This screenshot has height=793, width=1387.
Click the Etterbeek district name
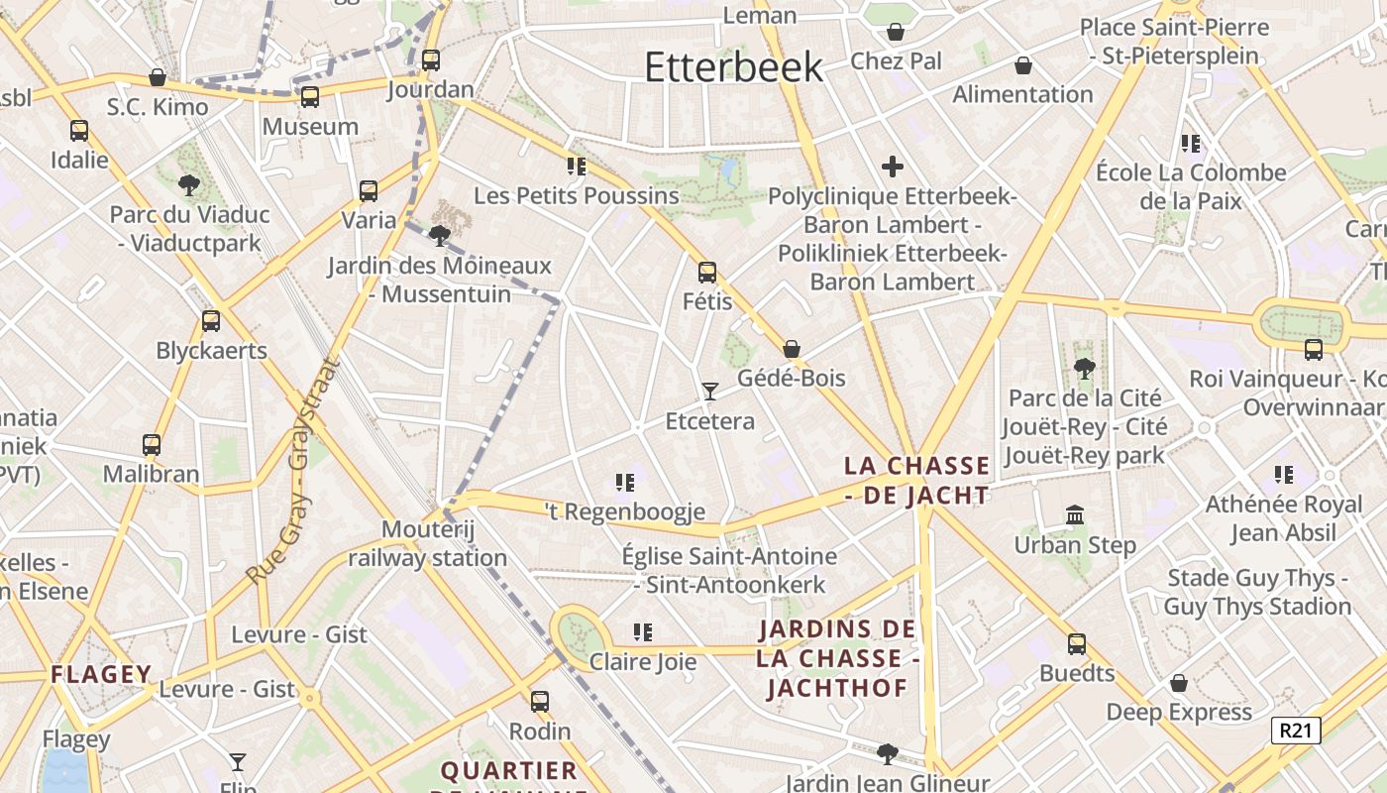(x=733, y=66)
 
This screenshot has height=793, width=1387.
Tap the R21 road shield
(x=1296, y=732)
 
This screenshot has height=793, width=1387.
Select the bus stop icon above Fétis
(x=707, y=272)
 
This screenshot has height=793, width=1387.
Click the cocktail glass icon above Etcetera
(x=709, y=392)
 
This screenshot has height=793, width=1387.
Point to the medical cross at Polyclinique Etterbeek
(x=893, y=167)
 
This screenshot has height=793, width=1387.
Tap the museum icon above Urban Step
(x=1075, y=514)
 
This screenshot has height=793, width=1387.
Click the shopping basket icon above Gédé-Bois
(x=792, y=349)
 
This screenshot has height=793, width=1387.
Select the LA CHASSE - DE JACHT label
(x=916, y=480)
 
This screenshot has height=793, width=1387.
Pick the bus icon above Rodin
(x=540, y=701)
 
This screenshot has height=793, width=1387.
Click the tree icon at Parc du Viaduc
(x=188, y=184)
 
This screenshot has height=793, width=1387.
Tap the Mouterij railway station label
(x=427, y=543)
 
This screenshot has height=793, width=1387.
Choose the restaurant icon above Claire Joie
(x=643, y=631)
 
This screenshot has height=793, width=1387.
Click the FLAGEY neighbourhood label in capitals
(x=101, y=675)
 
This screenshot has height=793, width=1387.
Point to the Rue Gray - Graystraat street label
(x=294, y=471)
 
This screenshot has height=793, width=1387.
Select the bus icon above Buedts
(x=1077, y=644)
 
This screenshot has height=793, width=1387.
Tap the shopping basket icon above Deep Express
(x=1179, y=683)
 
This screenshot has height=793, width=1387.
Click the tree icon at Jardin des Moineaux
(x=439, y=235)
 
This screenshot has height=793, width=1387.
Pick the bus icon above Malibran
(x=152, y=445)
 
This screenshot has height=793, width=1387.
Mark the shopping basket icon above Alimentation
(x=1023, y=65)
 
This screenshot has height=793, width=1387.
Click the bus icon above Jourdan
(x=431, y=59)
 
